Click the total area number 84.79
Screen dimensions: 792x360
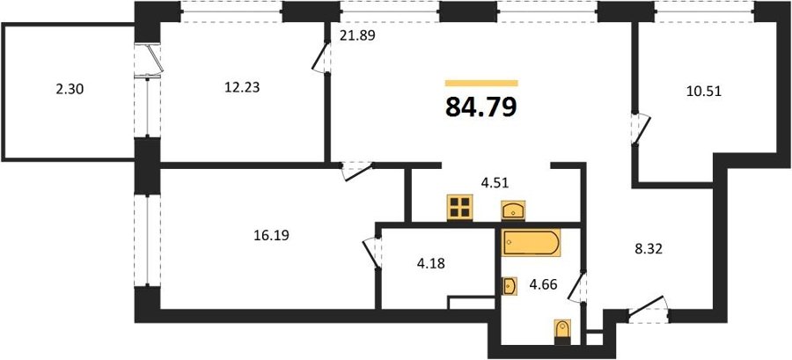(x=480, y=107)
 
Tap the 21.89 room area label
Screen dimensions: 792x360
(x=356, y=36)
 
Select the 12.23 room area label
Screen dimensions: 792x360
(x=242, y=87)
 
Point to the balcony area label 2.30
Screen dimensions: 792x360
(x=70, y=90)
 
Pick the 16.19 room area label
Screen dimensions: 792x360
(x=271, y=235)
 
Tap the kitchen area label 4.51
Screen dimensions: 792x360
(x=495, y=182)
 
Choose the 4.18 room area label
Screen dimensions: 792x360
(x=431, y=263)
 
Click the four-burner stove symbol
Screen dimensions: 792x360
(x=460, y=208)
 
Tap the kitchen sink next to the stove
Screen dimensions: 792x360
(x=513, y=210)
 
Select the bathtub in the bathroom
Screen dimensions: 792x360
(x=531, y=242)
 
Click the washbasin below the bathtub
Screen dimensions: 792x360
(x=510, y=286)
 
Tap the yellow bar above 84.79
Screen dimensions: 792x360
(x=481, y=83)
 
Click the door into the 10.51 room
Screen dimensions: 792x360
(x=642, y=129)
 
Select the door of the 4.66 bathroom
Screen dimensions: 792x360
(x=577, y=288)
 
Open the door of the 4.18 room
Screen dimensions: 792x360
(x=372, y=253)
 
